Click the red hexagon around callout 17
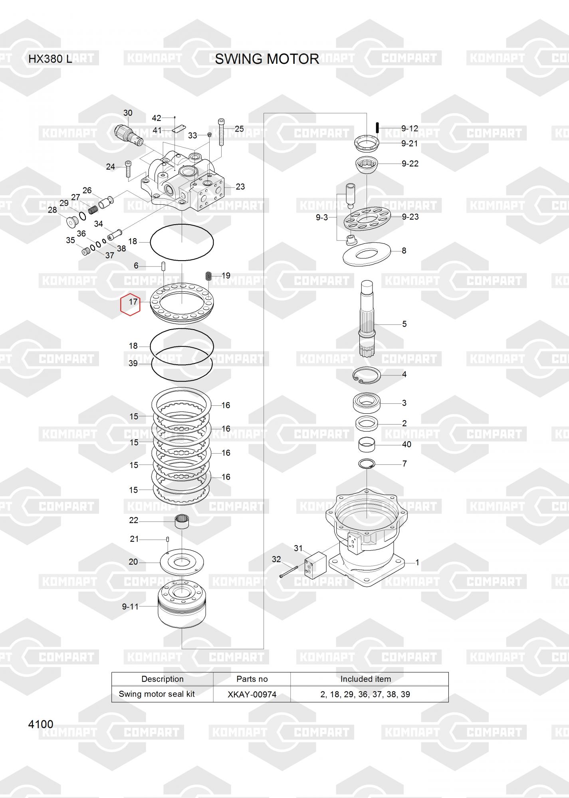point(131,304)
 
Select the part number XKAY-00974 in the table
point(252,694)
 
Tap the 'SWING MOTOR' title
point(267,59)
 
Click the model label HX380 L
point(50,59)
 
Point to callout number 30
point(128,113)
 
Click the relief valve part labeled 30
point(128,135)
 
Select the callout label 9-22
point(410,164)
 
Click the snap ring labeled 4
point(367,375)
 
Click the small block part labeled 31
point(315,565)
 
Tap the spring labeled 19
point(208,276)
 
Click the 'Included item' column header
point(366,679)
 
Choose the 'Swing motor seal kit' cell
point(157,694)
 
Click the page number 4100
point(41,724)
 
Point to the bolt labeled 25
point(221,132)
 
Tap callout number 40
point(406,444)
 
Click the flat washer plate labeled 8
point(366,253)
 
